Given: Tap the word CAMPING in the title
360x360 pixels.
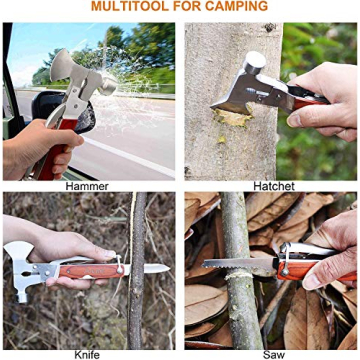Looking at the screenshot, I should tap(235, 7).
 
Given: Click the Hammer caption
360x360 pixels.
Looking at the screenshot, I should tap(87, 186).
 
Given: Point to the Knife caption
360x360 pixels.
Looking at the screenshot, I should tap(87, 353).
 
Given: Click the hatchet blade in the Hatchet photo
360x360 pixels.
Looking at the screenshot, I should tap(235, 95).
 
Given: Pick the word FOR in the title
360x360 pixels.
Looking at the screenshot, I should tap(186, 7).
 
